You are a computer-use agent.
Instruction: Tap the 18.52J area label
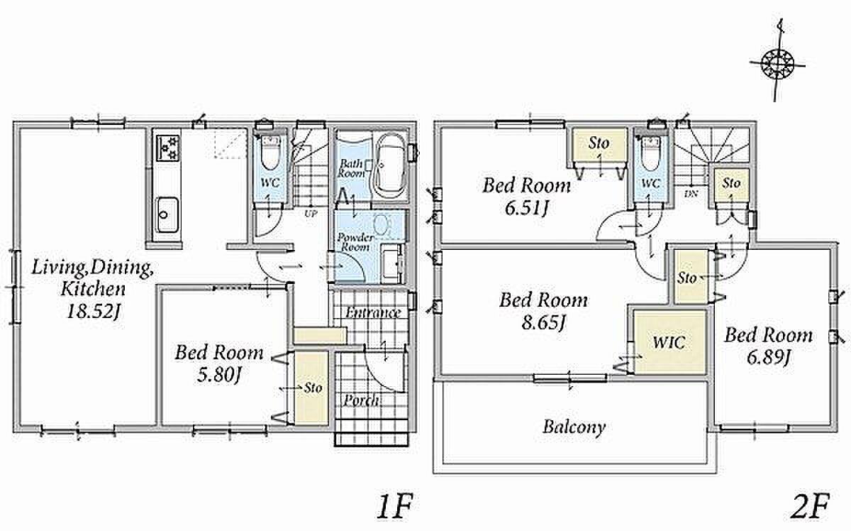pyautogui.click(x=94, y=312)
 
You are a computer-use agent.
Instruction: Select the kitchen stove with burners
pyautogui.click(x=167, y=148)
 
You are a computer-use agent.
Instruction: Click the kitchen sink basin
pyautogui.click(x=167, y=215)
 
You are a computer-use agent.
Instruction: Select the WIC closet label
pyautogui.click(x=669, y=342)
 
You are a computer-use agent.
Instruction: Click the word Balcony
pyautogui.click(x=574, y=427)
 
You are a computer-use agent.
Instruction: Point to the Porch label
pyautogui.click(x=361, y=400)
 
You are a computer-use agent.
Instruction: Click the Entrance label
pyautogui.click(x=373, y=312)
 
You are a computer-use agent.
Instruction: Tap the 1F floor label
pyautogui.click(x=395, y=506)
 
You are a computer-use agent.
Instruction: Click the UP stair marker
pyautogui.click(x=311, y=214)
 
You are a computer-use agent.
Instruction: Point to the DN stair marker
pyautogui.click(x=690, y=194)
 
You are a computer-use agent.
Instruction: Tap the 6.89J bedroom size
pyautogui.click(x=768, y=358)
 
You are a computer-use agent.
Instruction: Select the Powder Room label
pyautogui.click(x=355, y=242)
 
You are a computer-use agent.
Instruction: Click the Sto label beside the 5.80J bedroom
pyautogui.click(x=313, y=388)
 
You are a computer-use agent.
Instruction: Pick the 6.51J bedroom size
pyautogui.click(x=526, y=208)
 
